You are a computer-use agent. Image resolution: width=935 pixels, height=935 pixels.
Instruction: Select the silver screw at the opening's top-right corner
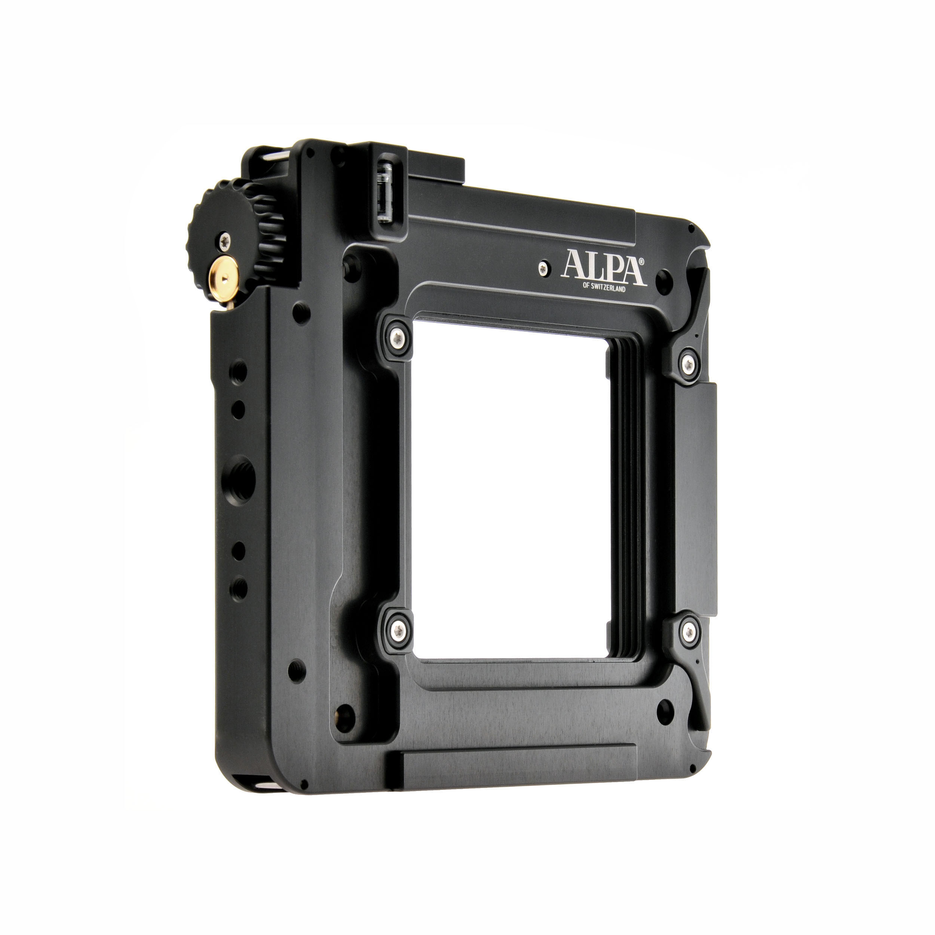[x=688, y=362]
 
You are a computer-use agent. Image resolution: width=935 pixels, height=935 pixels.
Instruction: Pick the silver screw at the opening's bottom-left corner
[x=398, y=629]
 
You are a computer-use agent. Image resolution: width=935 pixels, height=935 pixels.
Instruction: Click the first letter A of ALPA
[x=573, y=265]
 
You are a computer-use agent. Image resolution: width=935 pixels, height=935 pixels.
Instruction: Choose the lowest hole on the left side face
[x=240, y=588]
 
